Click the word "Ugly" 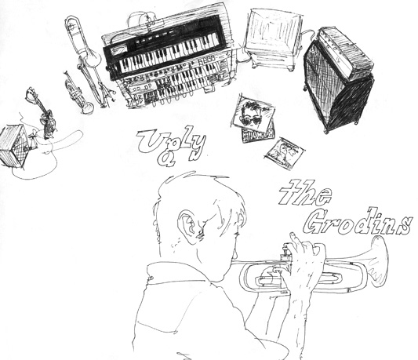coord(172,146)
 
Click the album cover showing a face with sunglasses coord(253,113)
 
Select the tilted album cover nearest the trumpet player coord(285,153)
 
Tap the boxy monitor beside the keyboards coord(274,38)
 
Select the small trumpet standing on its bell coord(78,93)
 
